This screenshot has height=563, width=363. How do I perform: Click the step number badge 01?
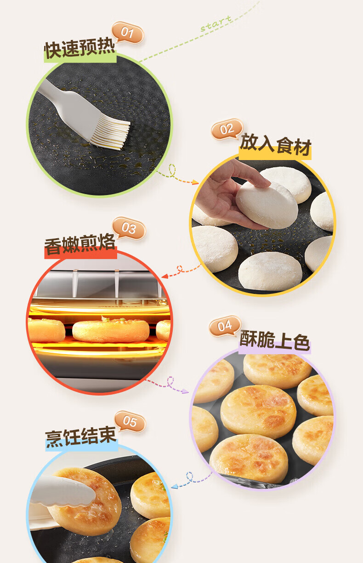128,32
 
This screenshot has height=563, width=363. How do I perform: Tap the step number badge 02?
227,129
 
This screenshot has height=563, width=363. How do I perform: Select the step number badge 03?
129,228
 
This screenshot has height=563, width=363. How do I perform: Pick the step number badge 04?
225,326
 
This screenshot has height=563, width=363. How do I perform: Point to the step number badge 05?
130,421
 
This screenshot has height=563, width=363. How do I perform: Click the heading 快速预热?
80,48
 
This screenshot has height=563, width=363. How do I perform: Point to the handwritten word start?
216,23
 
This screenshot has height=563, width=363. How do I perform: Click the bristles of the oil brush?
111,134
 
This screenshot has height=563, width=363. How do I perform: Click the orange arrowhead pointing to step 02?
196,182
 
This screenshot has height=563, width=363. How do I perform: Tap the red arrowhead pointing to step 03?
164,276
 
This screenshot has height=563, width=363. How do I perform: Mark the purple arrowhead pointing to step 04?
185,391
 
